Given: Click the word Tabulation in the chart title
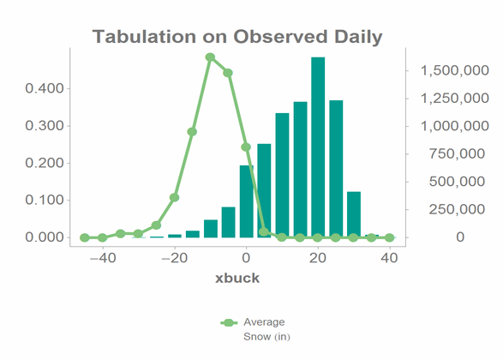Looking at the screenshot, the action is [144, 36].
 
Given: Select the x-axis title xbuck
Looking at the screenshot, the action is [237, 278].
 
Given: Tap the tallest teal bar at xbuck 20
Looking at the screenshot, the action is [318, 147].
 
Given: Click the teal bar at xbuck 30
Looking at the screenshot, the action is [354, 214].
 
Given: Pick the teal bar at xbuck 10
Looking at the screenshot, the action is [282, 175].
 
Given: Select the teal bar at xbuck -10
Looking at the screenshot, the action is [211, 229].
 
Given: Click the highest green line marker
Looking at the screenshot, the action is [210, 57].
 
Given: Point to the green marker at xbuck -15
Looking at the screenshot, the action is [192, 132].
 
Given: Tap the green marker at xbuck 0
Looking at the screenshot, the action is [246, 147].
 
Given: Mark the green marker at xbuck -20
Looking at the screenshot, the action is [174, 198].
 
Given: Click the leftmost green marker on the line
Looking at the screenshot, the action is [85, 237].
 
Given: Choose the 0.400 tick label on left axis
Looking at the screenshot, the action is [45, 88].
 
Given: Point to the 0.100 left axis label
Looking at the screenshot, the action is [45, 201].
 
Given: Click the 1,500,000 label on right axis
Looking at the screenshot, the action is [454, 70].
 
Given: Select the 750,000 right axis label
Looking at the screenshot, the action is [457, 154].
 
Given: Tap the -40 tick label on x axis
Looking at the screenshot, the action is [103, 258].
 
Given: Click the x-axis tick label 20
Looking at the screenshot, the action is [318, 258].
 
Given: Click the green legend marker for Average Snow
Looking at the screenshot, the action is [229, 323].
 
